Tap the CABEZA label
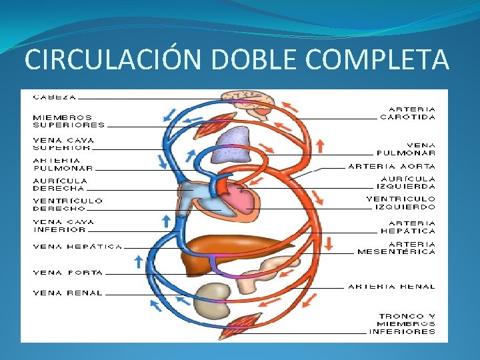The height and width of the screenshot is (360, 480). coord(55,97)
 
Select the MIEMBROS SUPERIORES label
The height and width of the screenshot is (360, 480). coord(69,121)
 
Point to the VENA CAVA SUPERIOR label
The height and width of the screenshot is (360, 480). coord(63,144)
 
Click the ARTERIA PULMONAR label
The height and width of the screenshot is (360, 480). coord(63,164)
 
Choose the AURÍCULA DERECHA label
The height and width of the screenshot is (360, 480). coord(60,185)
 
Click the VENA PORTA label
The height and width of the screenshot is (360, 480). coord(68,273)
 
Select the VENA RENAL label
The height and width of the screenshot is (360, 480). coord(68,293)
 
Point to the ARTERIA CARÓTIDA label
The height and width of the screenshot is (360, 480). coord(408,113)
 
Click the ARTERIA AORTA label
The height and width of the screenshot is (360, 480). coord(392,166)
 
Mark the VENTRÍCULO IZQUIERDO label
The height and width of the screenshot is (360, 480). coord(401,203)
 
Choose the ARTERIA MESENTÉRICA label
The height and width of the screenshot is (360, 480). coord(397,248)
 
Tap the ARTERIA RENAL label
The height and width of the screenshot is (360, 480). coord(392,287)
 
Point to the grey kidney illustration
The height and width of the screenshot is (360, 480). coord(213,297)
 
